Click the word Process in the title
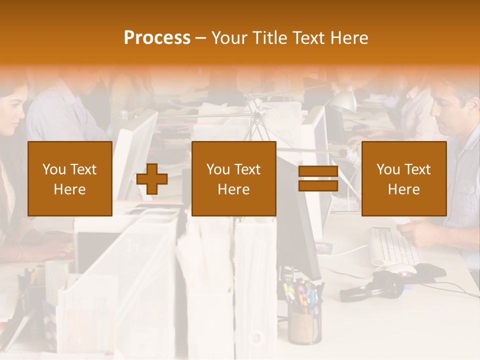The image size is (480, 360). [157, 38]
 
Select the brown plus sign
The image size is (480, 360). [152, 179]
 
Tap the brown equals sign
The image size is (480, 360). [318, 178]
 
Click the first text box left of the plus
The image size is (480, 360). [70, 178]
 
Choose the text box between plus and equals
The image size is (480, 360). [233, 178]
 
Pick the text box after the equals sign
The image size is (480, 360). [403, 178]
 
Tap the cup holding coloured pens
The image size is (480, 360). [304, 325]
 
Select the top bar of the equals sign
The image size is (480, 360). [318, 171]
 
